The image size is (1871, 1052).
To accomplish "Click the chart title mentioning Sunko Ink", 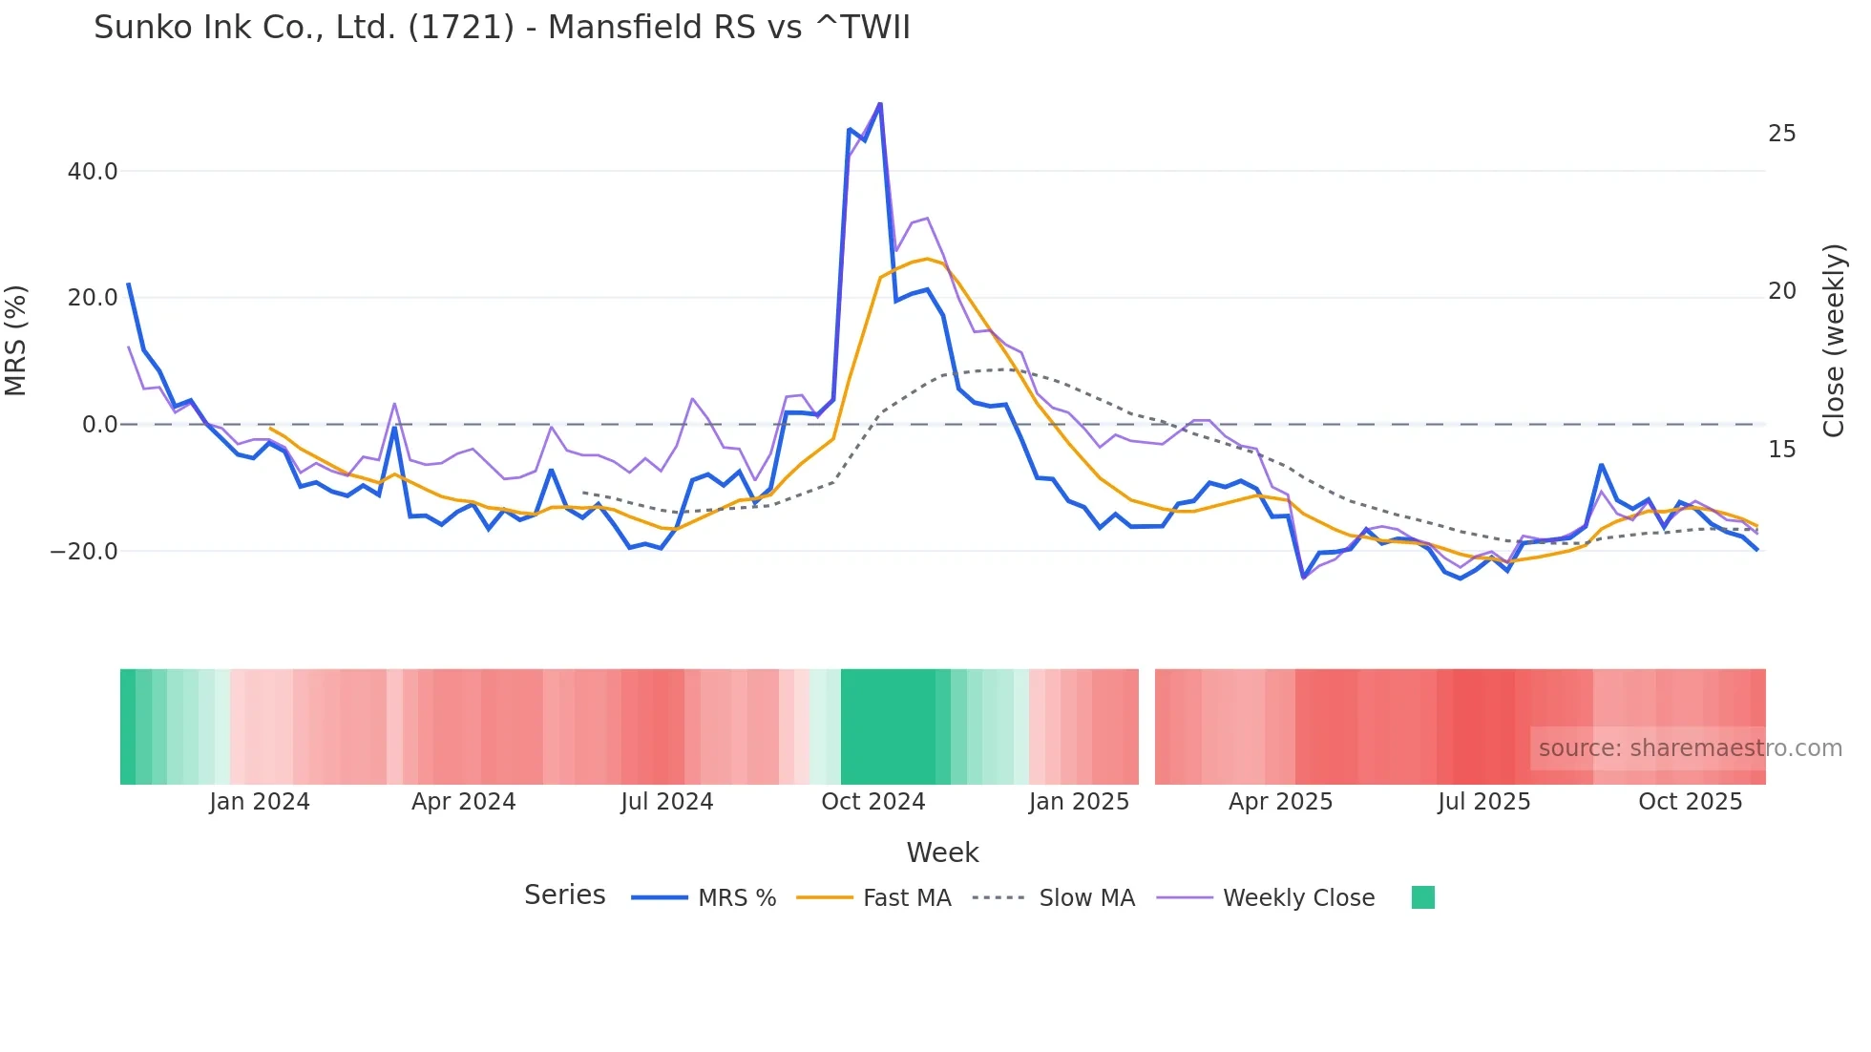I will (x=501, y=28).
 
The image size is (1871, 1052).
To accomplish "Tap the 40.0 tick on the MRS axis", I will (x=93, y=172).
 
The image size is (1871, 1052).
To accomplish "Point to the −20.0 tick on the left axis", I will (x=84, y=552).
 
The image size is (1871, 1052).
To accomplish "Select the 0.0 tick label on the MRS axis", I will (x=100, y=425).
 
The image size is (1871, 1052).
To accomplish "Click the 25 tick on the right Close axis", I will (x=1781, y=134).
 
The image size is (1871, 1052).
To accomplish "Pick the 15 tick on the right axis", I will (x=1781, y=450).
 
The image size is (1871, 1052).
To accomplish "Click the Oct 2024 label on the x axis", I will (x=872, y=802).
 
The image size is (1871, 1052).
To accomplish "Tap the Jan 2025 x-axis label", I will (x=1079, y=802).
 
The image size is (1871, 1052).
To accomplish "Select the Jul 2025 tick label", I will (x=1483, y=802).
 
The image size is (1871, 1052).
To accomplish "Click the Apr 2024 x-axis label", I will (x=463, y=802).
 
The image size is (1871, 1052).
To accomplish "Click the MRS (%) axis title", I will (x=16, y=340).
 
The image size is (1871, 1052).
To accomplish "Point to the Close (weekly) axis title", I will (x=1834, y=340).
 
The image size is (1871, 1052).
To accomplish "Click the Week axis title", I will (x=942, y=852).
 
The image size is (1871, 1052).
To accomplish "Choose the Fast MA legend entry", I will (x=906, y=898).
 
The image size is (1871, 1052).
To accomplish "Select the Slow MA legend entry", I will (x=1086, y=898).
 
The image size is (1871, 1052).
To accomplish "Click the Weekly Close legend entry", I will (x=1298, y=898).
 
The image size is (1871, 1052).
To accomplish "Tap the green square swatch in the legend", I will (x=1422, y=897).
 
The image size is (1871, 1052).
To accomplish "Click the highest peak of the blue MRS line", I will (x=880, y=103).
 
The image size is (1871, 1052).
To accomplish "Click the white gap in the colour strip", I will (x=1146, y=726).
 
